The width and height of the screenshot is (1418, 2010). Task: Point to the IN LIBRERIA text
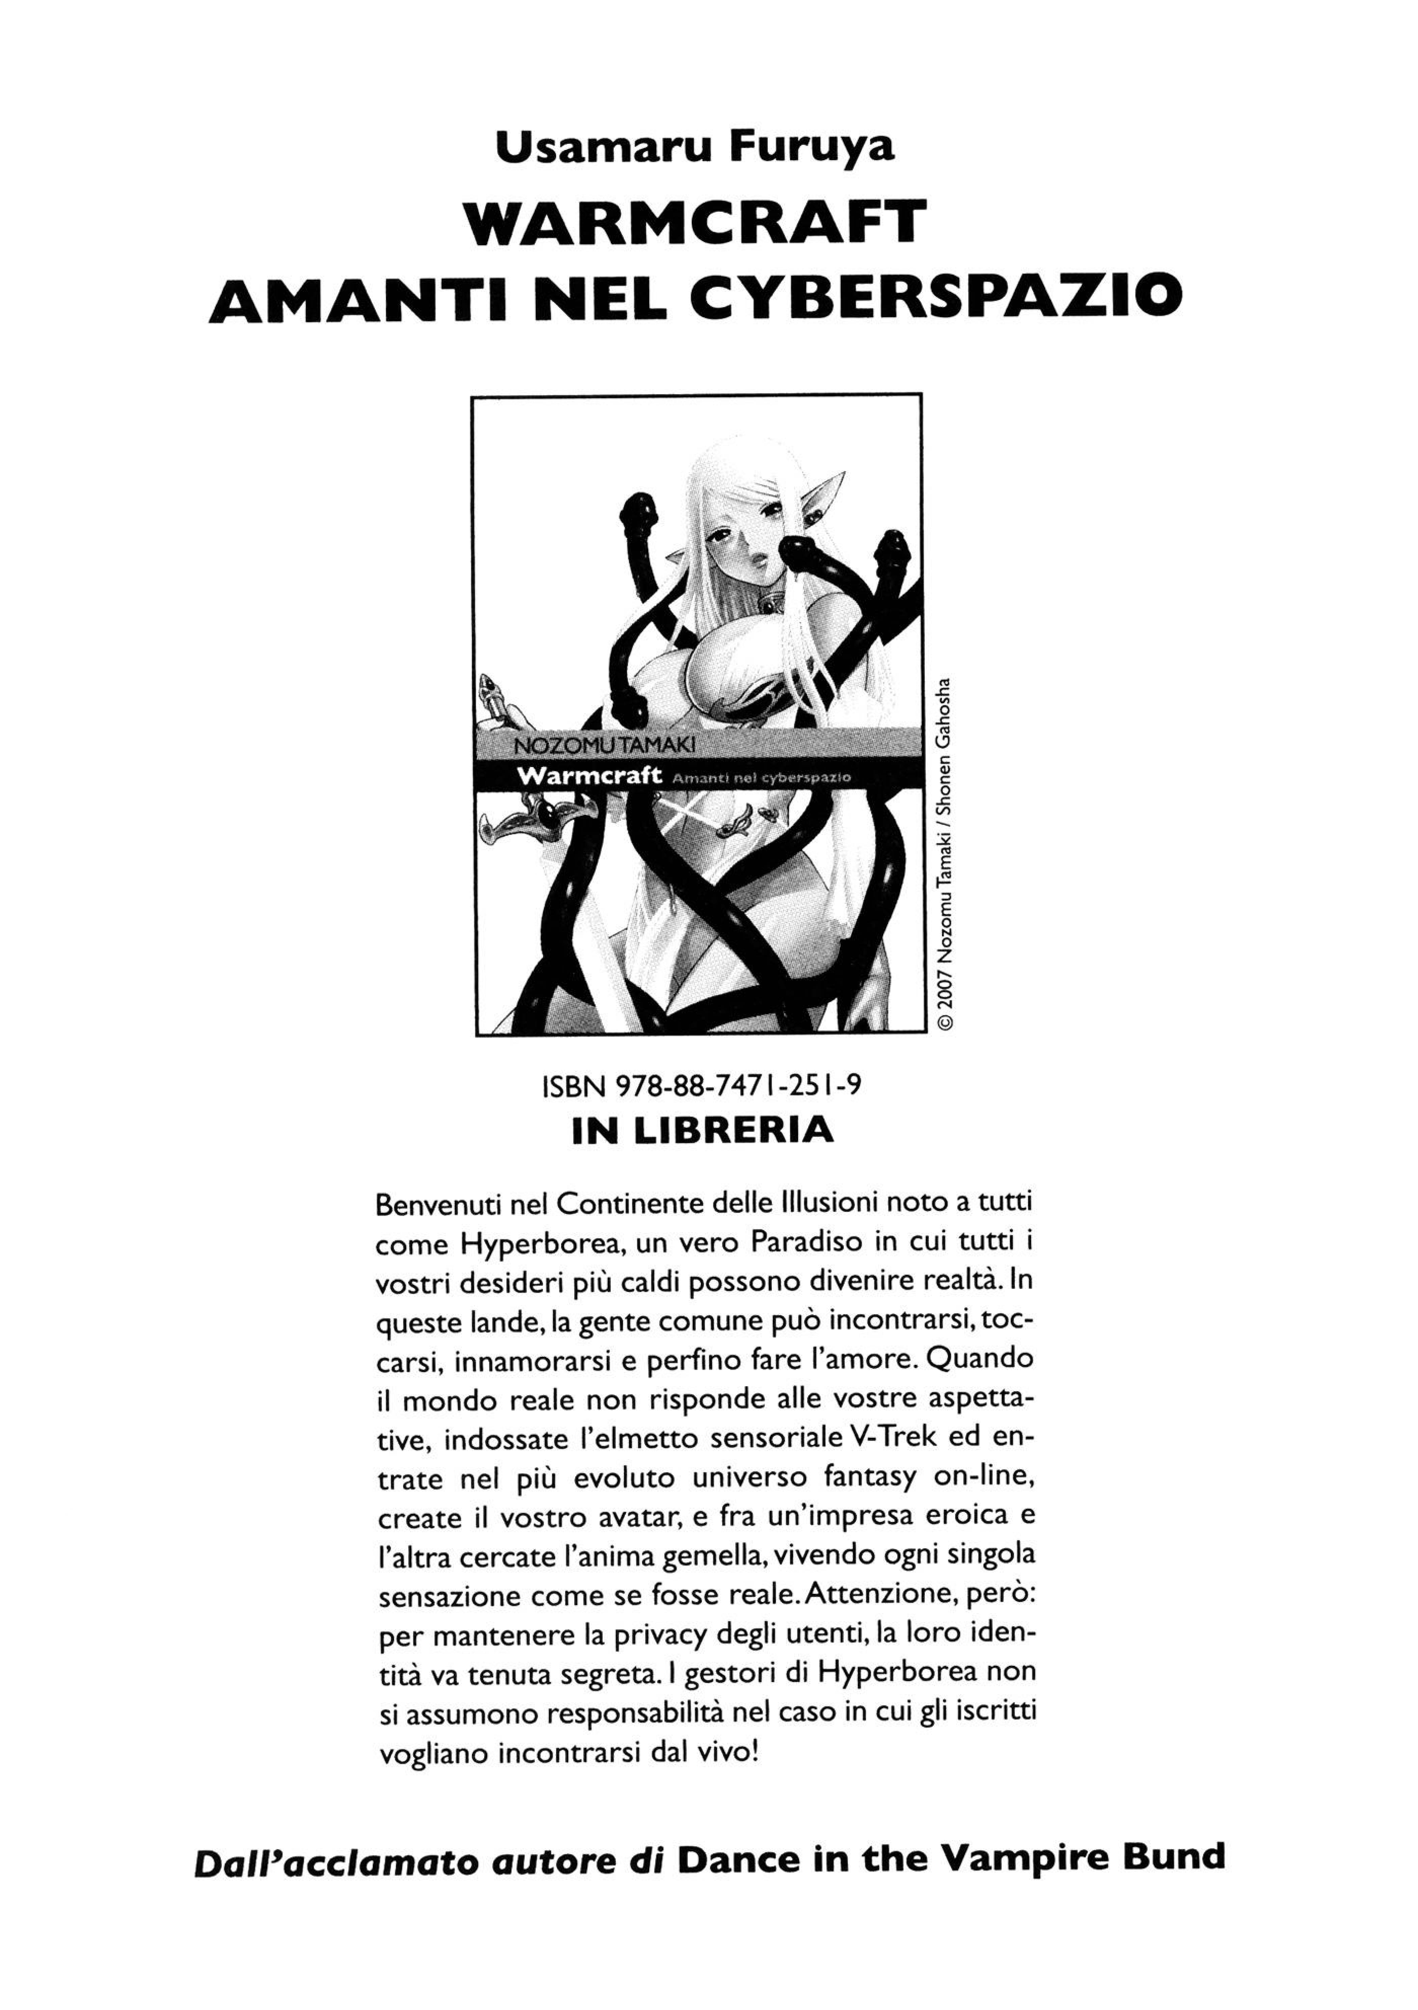pos(702,1131)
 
